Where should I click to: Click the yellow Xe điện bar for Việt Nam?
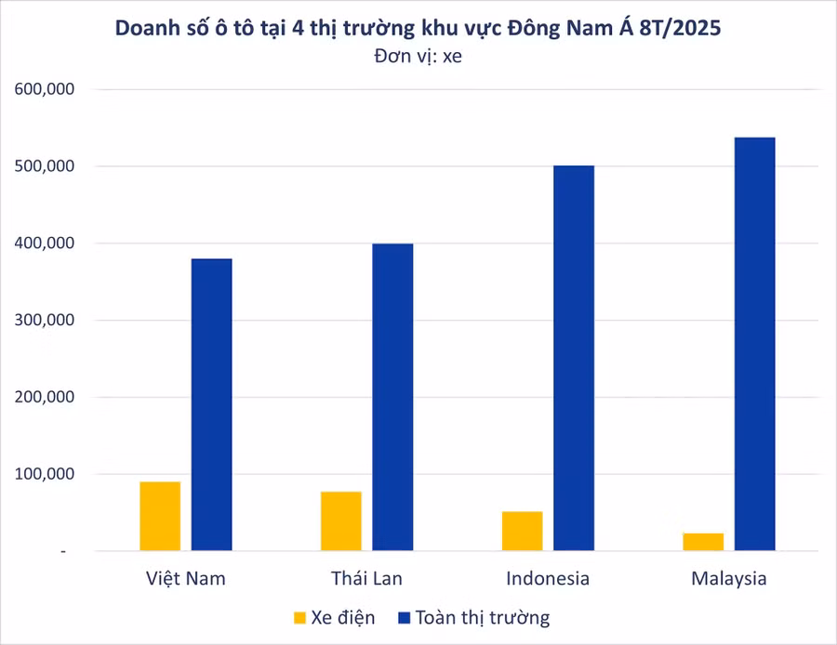click(x=160, y=516)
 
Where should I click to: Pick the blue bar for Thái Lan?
click(x=392, y=397)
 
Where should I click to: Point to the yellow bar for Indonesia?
click(x=522, y=531)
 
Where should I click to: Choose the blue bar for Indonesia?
click(x=574, y=358)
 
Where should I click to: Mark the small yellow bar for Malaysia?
click(x=703, y=542)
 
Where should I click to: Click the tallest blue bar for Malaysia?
click(x=754, y=344)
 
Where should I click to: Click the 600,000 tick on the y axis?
click(x=44, y=89)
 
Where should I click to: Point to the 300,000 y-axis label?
click(x=44, y=321)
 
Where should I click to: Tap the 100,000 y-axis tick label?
click(x=44, y=474)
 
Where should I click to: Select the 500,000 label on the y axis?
click(x=44, y=166)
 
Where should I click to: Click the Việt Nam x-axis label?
click(x=186, y=578)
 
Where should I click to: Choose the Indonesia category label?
click(x=548, y=578)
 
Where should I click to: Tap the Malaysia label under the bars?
click(x=729, y=578)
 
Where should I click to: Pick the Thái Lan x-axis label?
click(x=366, y=578)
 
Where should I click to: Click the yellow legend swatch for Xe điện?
click(x=299, y=617)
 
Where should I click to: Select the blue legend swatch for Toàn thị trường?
click(x=404, y=617)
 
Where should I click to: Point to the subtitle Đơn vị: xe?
click(x=418, y=56)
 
